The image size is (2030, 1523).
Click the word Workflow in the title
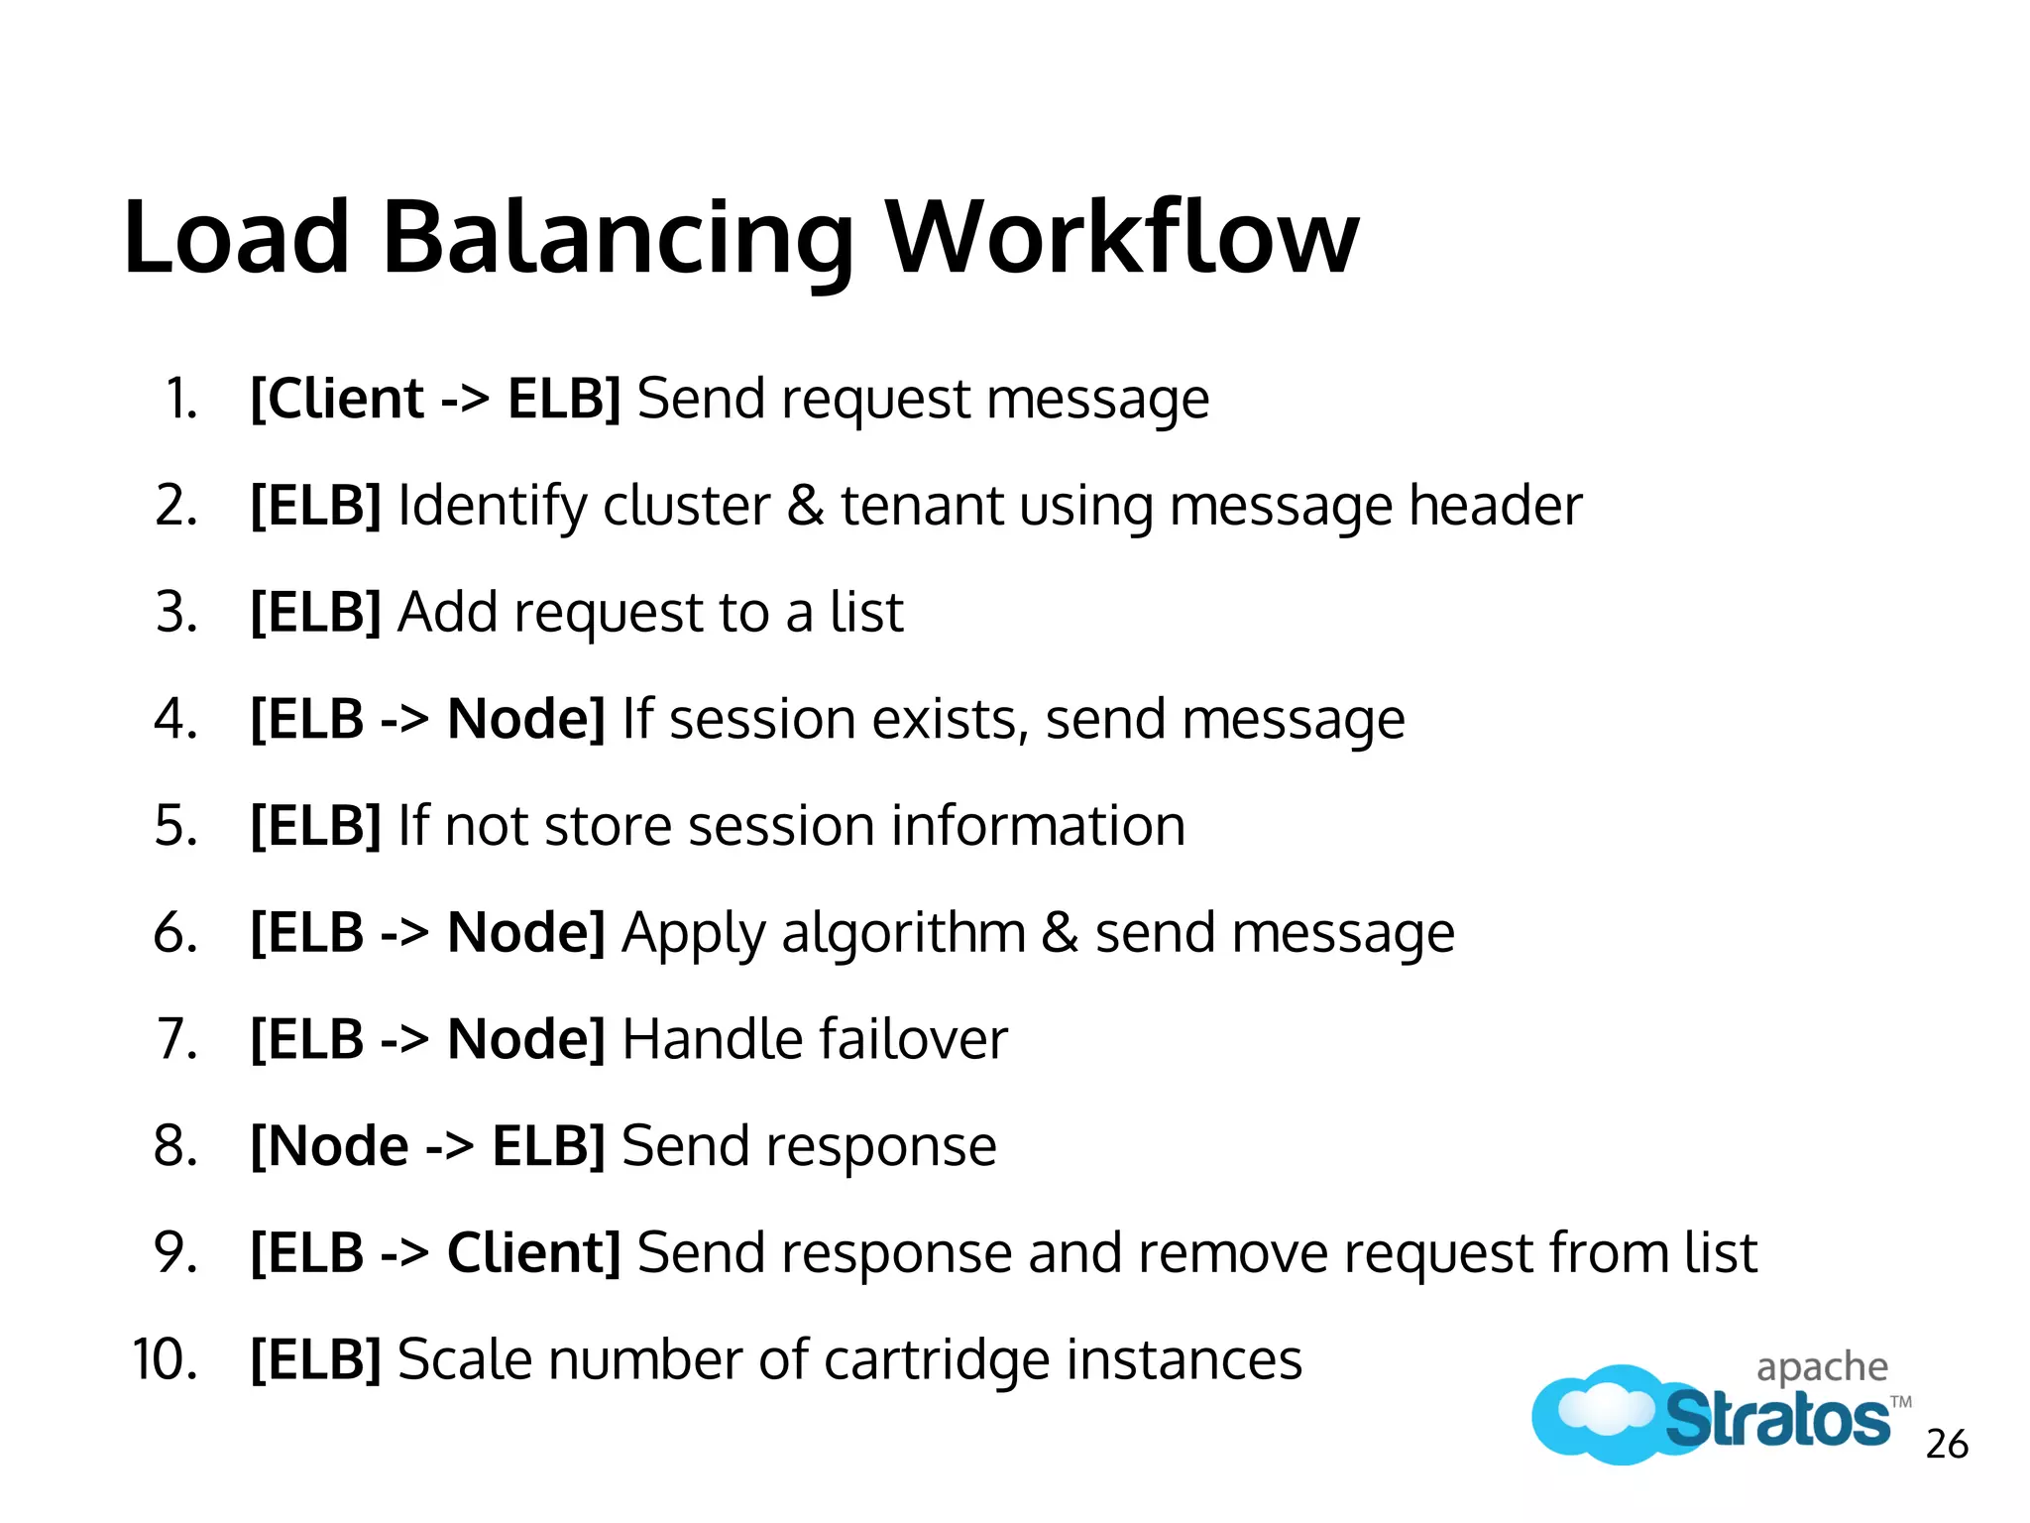(x=1121, y=237)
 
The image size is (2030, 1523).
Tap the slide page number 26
(x=1947, y=1444)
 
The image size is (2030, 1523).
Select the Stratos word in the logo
(x=1776, y=1419)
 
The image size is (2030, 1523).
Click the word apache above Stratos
(x=1822, y=1368)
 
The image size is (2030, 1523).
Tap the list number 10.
(x=165, y=1359)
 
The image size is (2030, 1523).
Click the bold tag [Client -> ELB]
(x=435, y=399)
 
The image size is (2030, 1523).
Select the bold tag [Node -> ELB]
(x=427, y=1146)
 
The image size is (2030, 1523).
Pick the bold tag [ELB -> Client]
(x=435, y=1253)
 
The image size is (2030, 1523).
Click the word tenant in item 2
(x=922, y=506)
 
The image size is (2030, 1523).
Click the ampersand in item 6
(x=1060, y=933)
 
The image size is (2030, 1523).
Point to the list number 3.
(x=176, y=612)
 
